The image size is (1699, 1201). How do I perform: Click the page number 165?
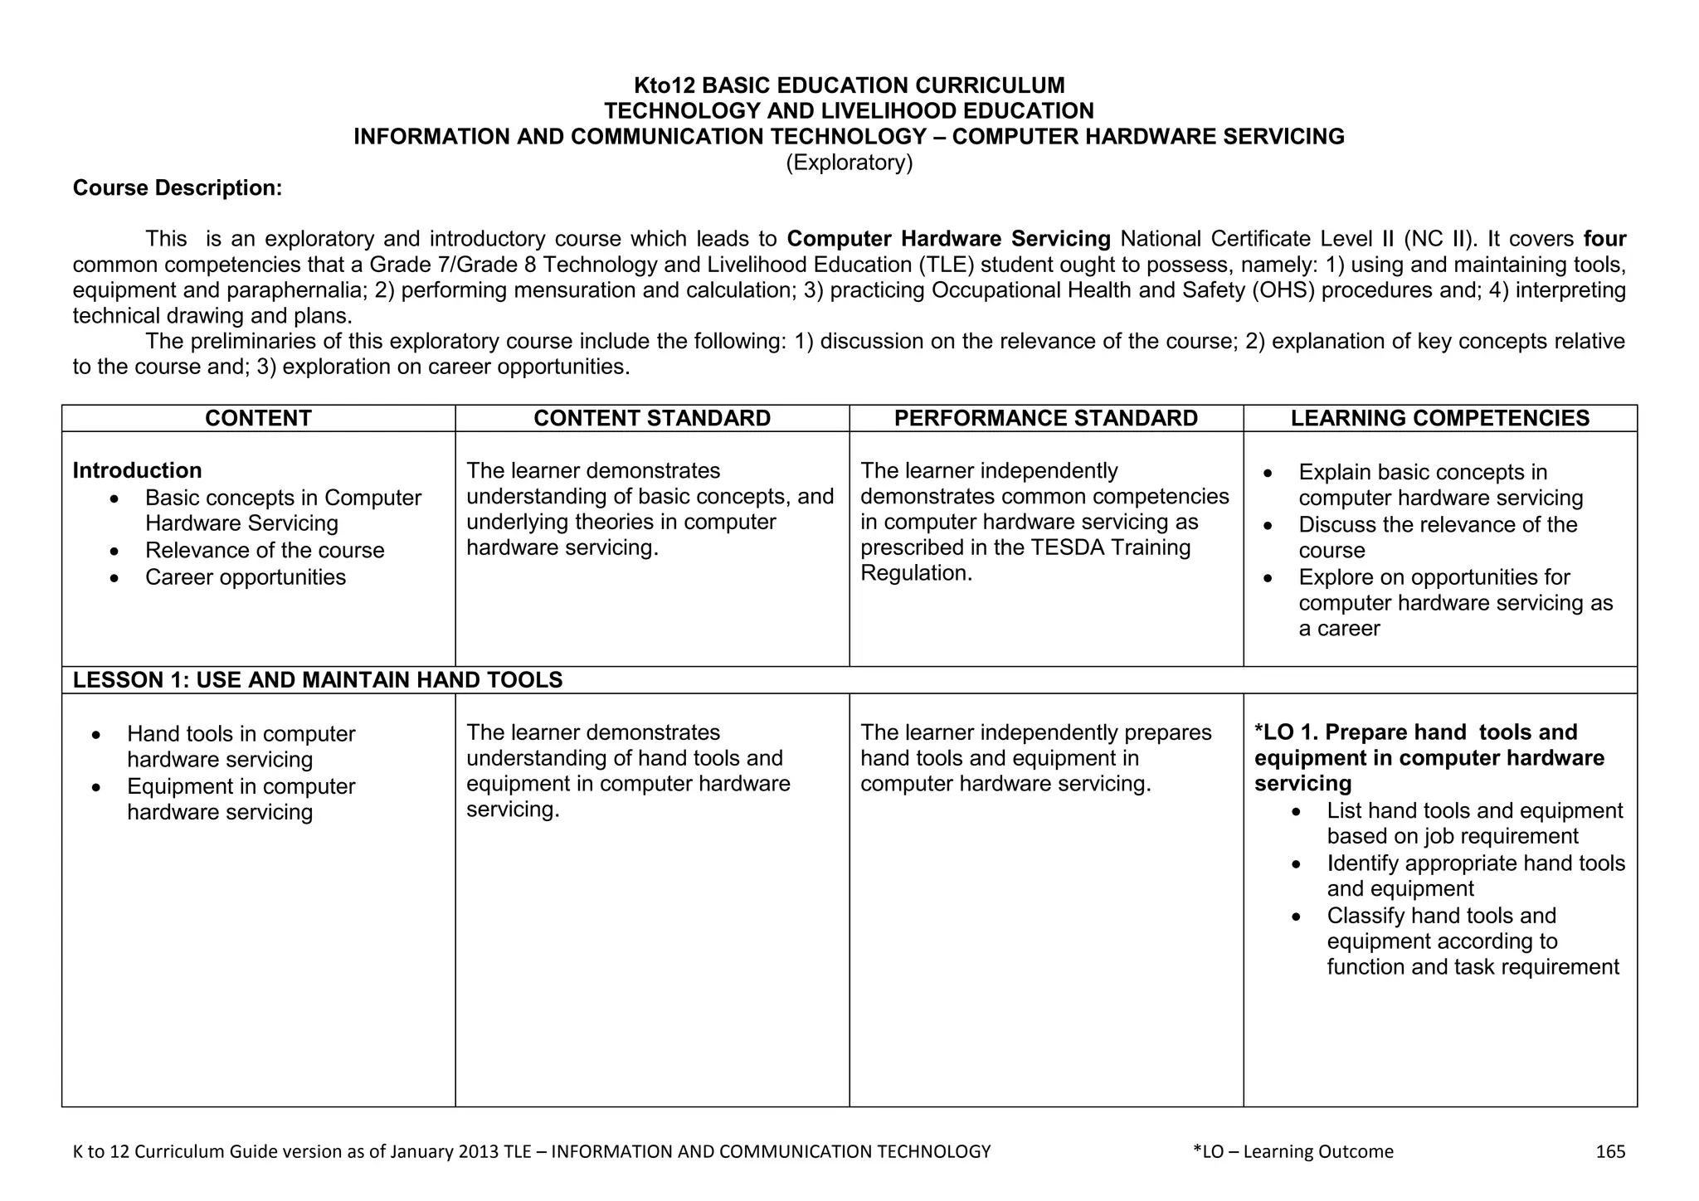(1610, 1151)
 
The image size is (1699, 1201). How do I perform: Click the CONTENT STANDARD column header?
(652, 418)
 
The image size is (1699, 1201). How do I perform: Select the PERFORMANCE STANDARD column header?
(1045, 418)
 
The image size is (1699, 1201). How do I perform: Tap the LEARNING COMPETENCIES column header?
(1439, 418)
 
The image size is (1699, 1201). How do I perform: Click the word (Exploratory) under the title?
(849, 163)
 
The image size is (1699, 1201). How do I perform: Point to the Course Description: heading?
(178, 188)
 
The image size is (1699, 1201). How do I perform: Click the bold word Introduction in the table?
(137, 470)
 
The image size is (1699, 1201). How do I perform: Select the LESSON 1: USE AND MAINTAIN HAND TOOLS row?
(318, 680)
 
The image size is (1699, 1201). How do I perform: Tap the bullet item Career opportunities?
(245, 577)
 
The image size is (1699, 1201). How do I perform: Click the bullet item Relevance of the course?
(264, 551)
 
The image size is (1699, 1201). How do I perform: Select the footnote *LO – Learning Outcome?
(1293, 1151)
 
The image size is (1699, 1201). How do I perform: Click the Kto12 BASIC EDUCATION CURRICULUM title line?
(849, 85)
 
